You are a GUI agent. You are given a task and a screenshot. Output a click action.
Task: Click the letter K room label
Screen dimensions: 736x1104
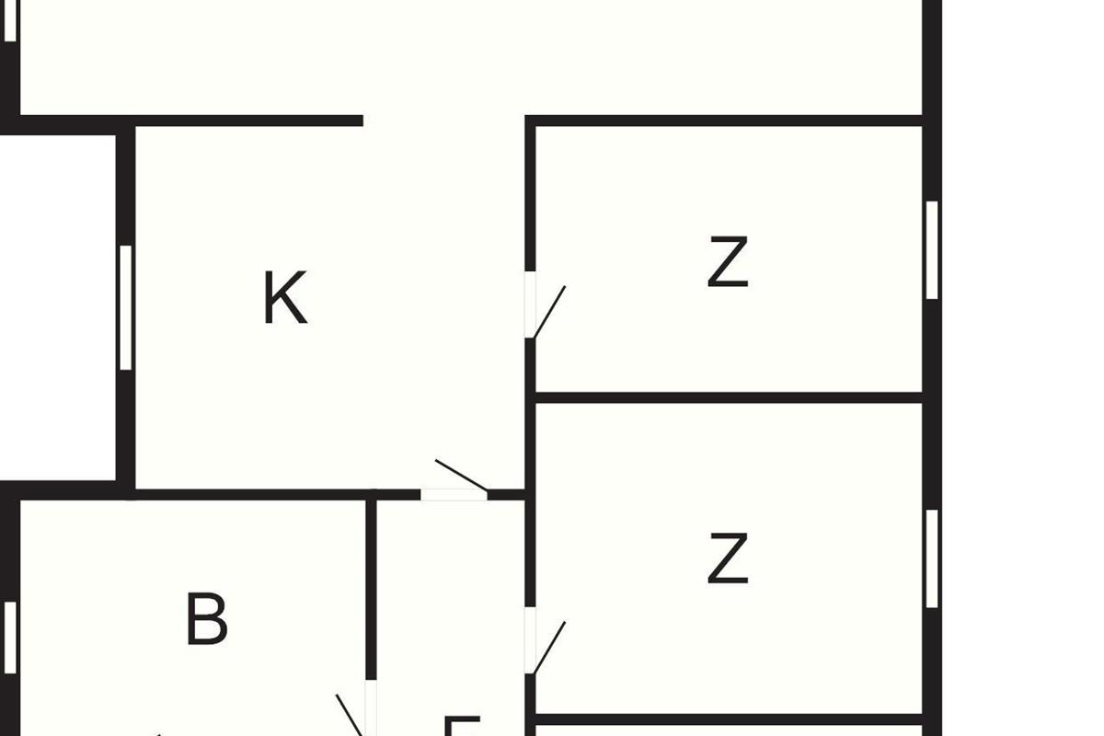[x=284, y=298]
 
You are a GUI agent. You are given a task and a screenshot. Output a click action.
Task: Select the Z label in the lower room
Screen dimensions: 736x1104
[x=728, y=559]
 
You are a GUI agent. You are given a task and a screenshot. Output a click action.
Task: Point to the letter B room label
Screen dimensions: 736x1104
[x=206, y=620]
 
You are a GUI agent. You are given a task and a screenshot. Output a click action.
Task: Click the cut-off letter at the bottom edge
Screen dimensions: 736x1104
[x=463, y=727]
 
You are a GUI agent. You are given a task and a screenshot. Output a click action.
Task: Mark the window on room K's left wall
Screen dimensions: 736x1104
[x=126, y=307]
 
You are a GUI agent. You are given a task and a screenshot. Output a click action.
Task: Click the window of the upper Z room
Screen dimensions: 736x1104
[x=932, y=249]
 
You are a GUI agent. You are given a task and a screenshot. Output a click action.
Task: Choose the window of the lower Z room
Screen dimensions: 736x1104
[x=932, y=558]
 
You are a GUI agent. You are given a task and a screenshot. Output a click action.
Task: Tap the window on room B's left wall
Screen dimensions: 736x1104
[x=10, y=637]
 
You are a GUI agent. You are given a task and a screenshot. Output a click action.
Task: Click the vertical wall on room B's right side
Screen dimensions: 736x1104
[x=371, y=589]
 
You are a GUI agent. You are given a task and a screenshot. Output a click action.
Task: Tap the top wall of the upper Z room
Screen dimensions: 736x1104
[x=727, y=121]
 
